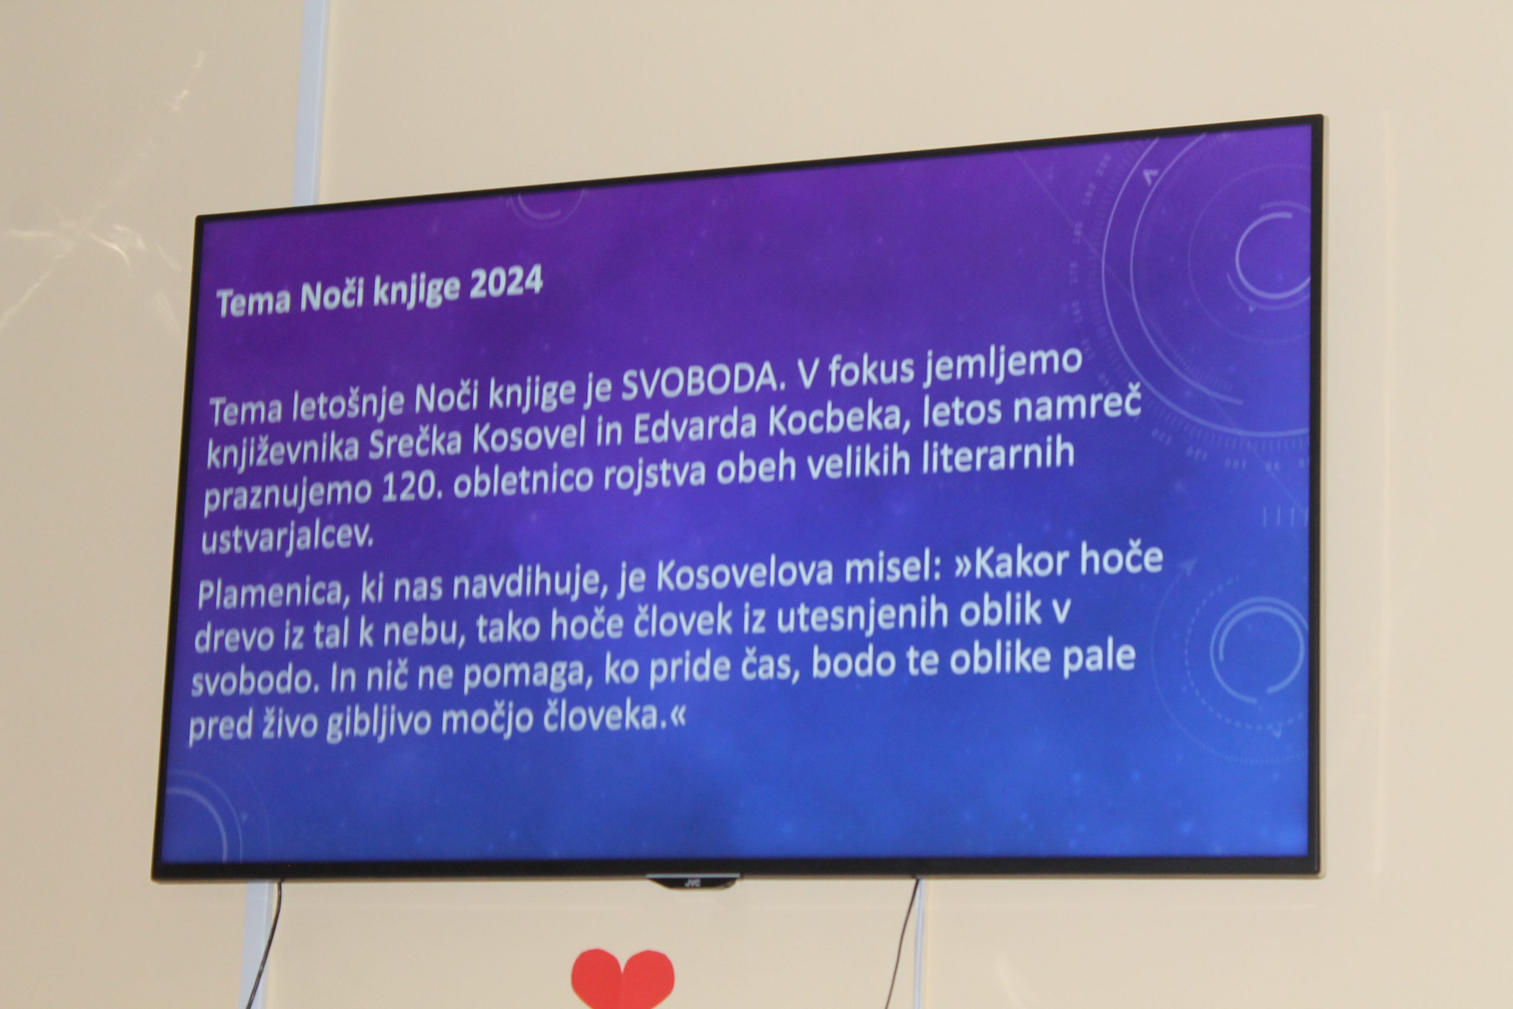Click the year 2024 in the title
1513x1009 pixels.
point(507,284)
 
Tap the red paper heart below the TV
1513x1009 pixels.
point(623,978)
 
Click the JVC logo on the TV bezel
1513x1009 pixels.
point(692,881)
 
